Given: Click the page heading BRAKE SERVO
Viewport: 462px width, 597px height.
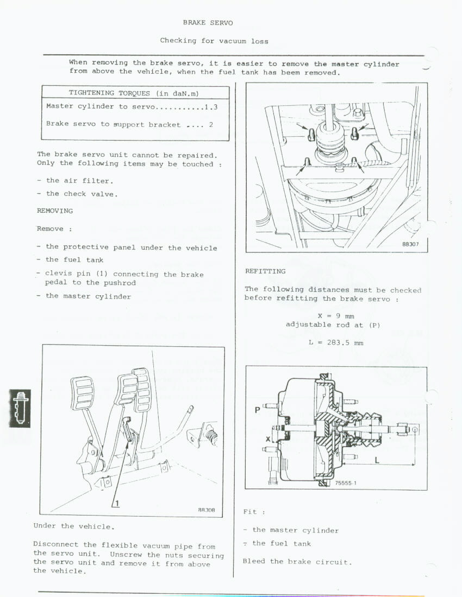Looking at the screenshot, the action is click(208, 22).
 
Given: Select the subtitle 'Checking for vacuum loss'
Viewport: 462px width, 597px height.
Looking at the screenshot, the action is click(214, 41).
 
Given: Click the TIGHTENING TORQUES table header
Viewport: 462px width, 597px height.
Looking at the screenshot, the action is click(134, 93).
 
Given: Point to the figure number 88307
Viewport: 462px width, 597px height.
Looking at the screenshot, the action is click(410, 244).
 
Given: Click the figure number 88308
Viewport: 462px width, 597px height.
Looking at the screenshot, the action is click(206, 510).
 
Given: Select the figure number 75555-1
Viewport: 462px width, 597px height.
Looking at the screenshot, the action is click(346, 483).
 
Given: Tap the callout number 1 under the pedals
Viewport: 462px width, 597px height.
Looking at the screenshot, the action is click(117, 503).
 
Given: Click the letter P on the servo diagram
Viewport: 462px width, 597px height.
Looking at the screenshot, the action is click(257, 410).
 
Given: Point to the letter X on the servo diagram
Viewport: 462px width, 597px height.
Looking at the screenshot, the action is click(268, 439).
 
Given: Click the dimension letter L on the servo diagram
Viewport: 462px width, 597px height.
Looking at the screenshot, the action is click(377, 460).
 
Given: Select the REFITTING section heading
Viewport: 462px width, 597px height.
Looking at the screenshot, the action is click(265, 271).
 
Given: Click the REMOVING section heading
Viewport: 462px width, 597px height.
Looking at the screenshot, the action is click(55, 211).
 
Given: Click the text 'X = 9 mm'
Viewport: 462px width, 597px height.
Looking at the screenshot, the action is click(336, 316).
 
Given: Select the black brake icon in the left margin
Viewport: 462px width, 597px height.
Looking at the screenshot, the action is click(20, 408).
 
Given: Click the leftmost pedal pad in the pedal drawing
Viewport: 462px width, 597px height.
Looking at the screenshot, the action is click(82, 393).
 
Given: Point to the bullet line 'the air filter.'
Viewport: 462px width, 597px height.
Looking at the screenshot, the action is click(76, 181).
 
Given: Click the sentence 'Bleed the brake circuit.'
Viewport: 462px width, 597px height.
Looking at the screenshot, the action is click(297, 562).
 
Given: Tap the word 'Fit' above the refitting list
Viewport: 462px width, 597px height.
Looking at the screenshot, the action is click(250, 511).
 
